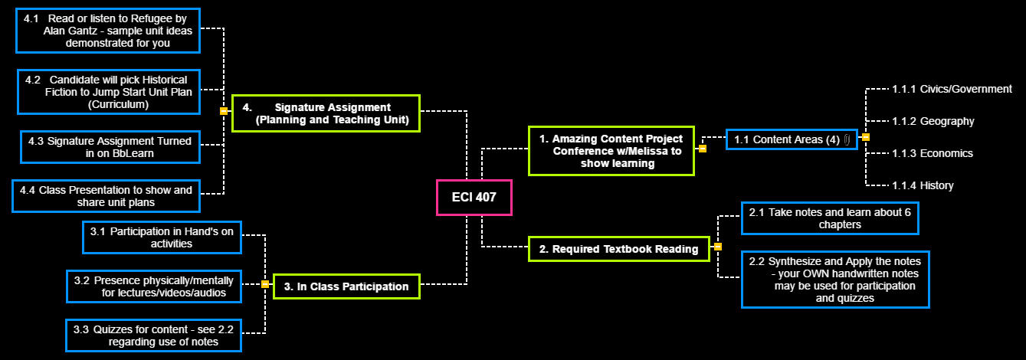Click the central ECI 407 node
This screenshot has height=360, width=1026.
click(474, 197)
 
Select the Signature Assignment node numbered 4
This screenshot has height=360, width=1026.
click(326, 113)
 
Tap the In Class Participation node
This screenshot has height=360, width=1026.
click(346, 286)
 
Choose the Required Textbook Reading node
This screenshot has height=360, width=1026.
click(619, 249)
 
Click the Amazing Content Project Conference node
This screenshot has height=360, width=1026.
click(611, 151)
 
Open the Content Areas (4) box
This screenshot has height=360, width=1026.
click(792, 139)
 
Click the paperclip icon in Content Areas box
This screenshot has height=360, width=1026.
click(847, 139)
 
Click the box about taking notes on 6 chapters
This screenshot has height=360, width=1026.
click(829, 218)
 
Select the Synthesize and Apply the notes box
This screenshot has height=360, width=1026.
click(835, 280)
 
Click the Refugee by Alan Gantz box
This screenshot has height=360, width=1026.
click(107, 31)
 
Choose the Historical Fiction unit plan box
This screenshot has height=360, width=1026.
click(107, 92)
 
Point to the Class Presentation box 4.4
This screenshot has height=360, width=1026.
click(105, 196)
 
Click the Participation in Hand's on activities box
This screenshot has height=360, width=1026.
click(162, 237)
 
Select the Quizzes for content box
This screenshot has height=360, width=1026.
click(153, 335)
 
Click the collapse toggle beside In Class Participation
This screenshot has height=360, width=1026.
click(265, 284)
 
